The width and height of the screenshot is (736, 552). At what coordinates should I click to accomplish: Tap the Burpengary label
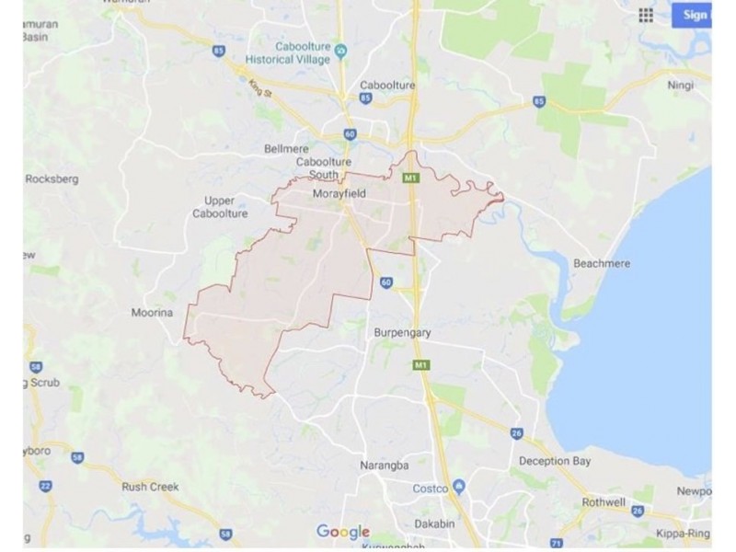tap(401, 332)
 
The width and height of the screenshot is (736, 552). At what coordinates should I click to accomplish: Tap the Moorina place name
tap(152, 313)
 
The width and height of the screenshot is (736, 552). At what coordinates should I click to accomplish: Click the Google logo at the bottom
tap(342, 532)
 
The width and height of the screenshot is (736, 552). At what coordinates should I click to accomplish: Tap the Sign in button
tap(694, 15)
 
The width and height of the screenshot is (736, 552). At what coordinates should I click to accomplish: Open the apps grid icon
tap(646, 15)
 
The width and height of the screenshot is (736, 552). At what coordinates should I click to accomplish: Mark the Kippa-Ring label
tap(683, 533)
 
